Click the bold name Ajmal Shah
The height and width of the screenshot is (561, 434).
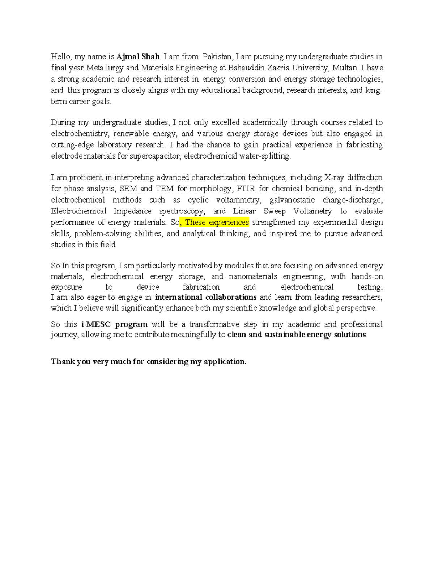138,57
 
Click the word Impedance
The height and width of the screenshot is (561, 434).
132,211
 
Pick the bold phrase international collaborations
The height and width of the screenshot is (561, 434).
205,298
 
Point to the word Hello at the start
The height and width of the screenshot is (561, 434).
60,57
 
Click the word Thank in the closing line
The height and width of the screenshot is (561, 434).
63,362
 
